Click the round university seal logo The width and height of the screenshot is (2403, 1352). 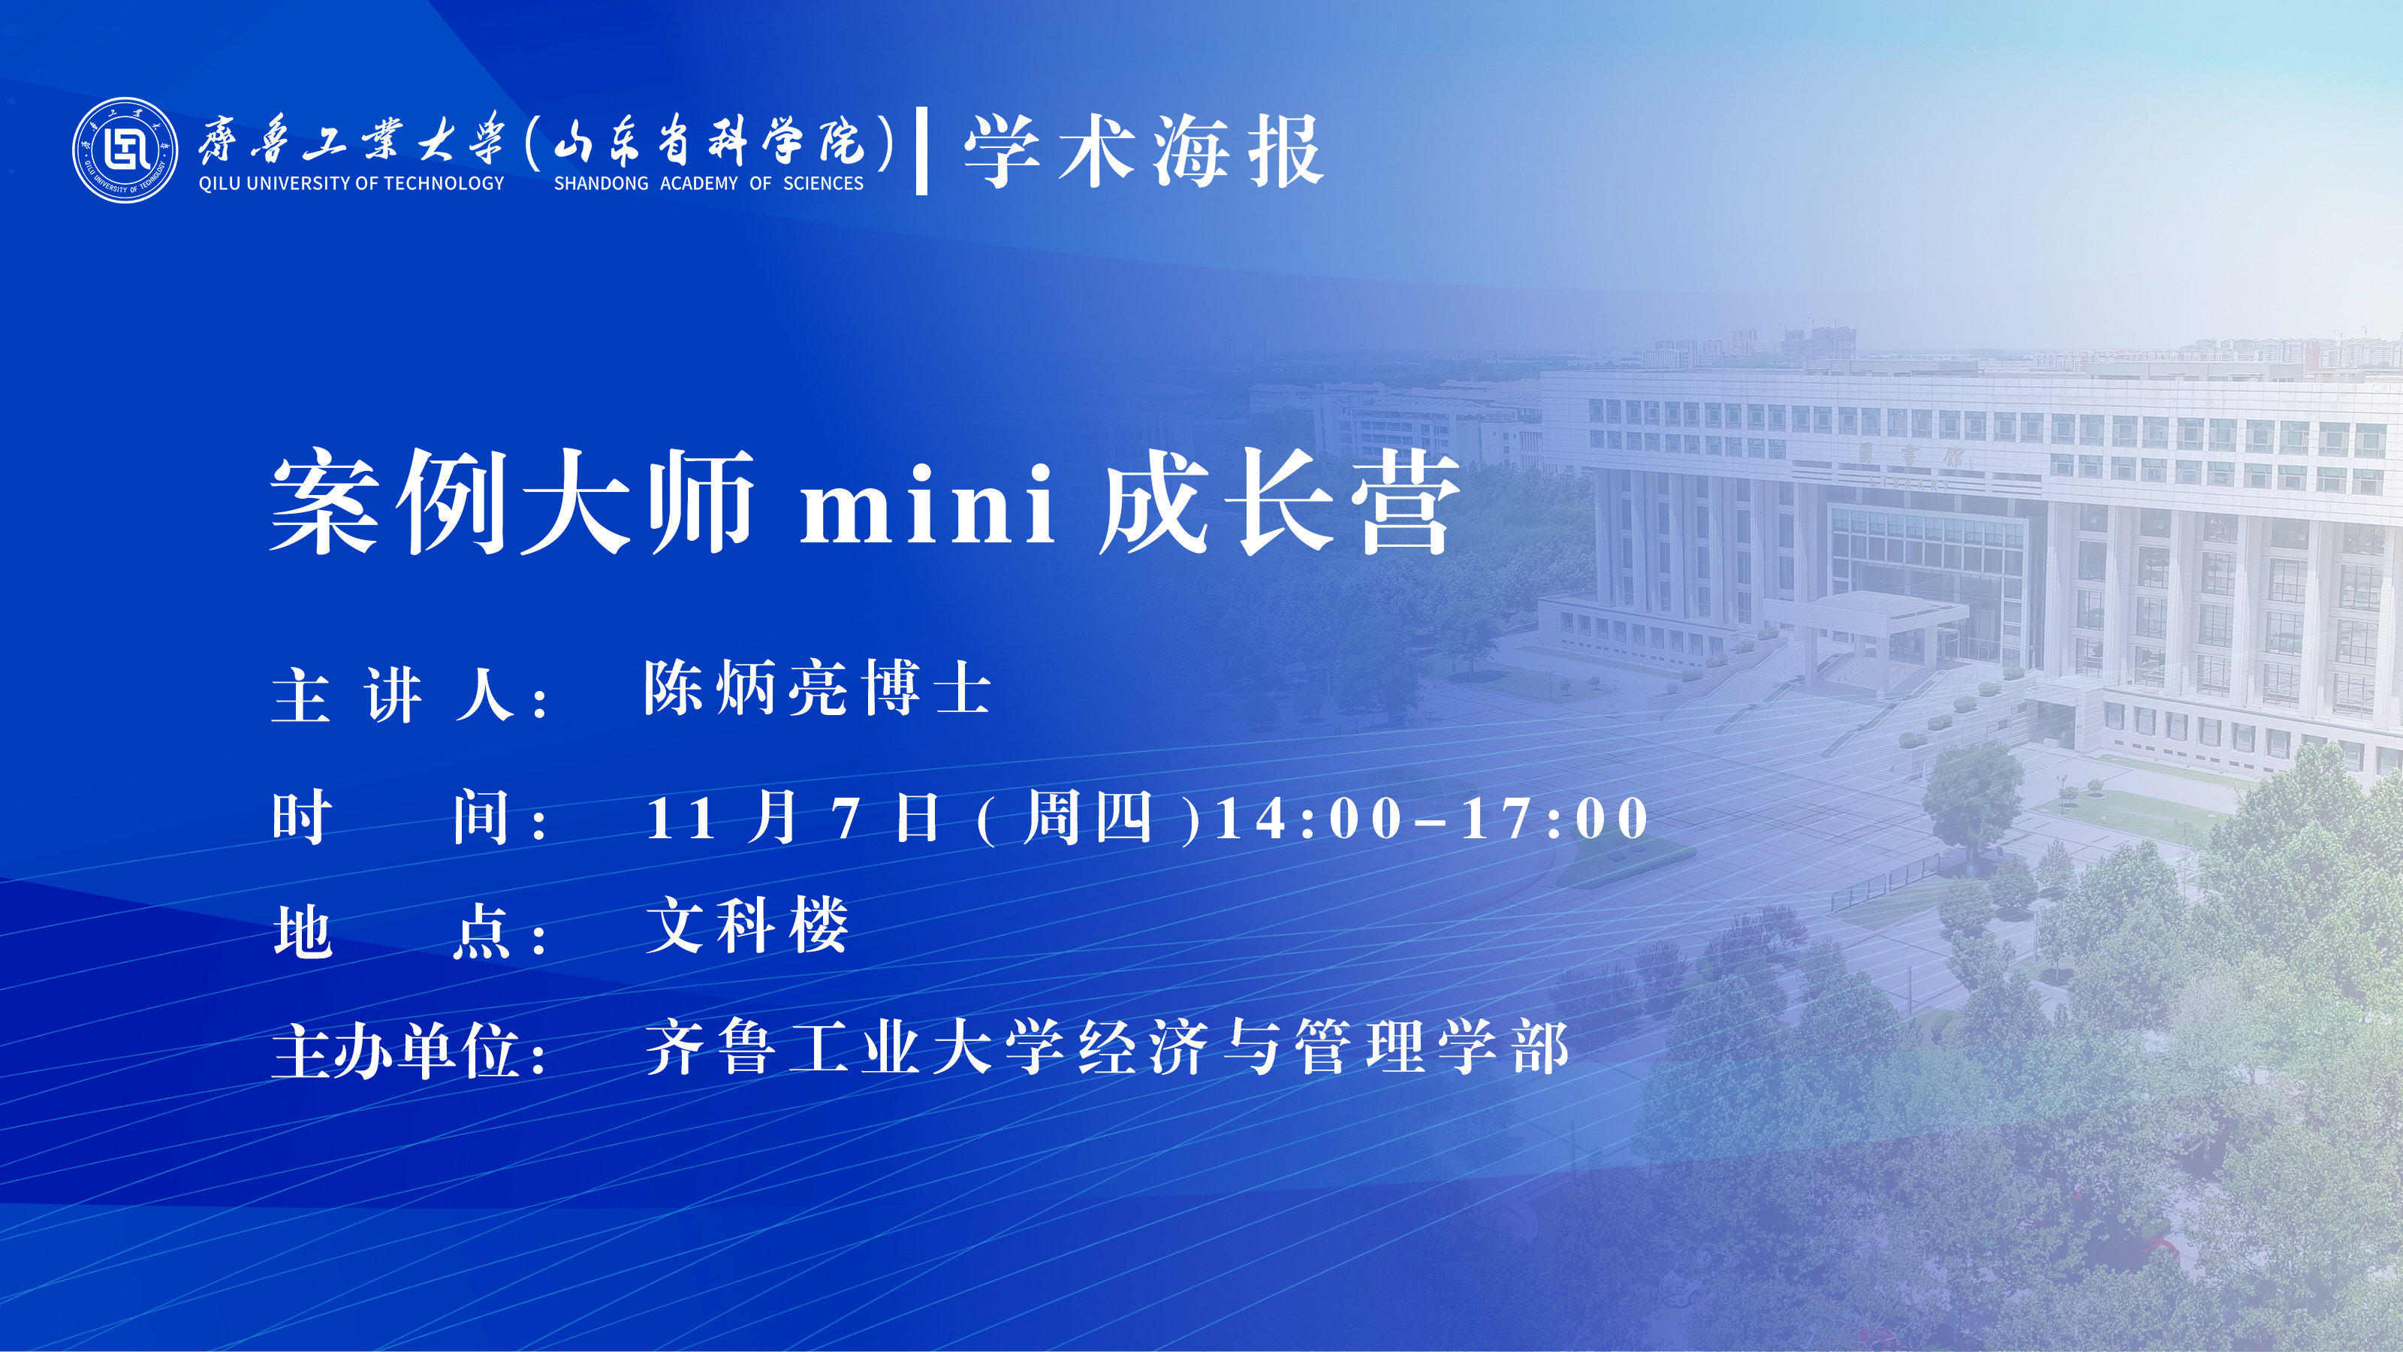point(125,149)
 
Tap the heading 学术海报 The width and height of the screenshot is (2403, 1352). point(1144,151)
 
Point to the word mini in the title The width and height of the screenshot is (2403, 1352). point(928,505)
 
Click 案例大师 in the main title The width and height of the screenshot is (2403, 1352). point(512,501)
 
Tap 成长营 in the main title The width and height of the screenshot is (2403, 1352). point(1280,501)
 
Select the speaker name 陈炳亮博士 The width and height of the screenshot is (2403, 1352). point(817,689)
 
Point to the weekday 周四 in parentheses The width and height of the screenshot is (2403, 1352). point(1087,817)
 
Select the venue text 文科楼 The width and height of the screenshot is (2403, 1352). point(747,925)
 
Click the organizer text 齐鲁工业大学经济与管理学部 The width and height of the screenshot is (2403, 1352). point(1108,1048)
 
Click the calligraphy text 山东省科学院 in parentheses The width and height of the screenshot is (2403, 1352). point(709,143)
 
